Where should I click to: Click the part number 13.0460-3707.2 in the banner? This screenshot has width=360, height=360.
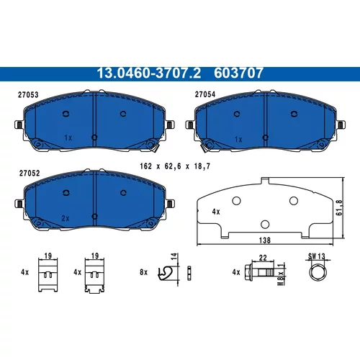[x=149, y=73]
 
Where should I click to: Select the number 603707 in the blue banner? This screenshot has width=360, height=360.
[x=238, y=73]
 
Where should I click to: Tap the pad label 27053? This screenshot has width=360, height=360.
[x=28, y=95]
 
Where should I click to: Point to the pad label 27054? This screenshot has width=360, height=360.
[x=205, y=94]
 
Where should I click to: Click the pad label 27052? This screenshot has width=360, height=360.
[x=30, y=174]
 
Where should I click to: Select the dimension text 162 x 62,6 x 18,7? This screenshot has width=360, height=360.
[x=175, y=166]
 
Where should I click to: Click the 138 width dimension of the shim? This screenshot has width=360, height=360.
[x=265, y=240]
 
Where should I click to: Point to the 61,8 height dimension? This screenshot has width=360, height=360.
[x=339, y=207]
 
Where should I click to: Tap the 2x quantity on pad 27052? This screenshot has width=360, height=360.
[x=66, y=218]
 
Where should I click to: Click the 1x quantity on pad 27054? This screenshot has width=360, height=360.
[x=238, y=140]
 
